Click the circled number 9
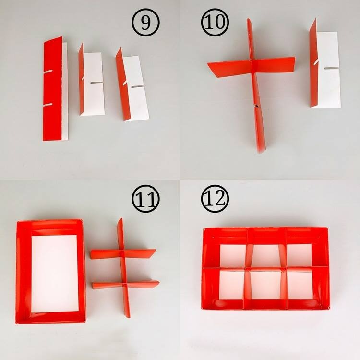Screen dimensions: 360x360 coord(145,22)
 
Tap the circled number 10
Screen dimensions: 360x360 coord(215,22)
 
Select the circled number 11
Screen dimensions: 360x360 coord(145,199)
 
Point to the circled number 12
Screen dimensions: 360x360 coord(215,199)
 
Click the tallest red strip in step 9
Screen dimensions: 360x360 coord(53,89)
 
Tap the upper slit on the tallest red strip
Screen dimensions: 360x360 coord(48,72)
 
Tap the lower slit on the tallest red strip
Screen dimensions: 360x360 coord(48,105)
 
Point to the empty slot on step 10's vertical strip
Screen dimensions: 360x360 coord(257,106)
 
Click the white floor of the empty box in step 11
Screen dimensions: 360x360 coord(54,274)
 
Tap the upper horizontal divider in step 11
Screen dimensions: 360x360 coord(123,254)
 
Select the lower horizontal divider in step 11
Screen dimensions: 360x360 coord(125,285)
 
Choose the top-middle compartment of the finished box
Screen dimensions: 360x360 coord(266,255)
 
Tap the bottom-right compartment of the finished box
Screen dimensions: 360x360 coord(300,285)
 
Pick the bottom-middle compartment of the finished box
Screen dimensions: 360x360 coord(265,285)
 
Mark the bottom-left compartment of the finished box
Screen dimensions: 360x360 coord(232,285)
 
